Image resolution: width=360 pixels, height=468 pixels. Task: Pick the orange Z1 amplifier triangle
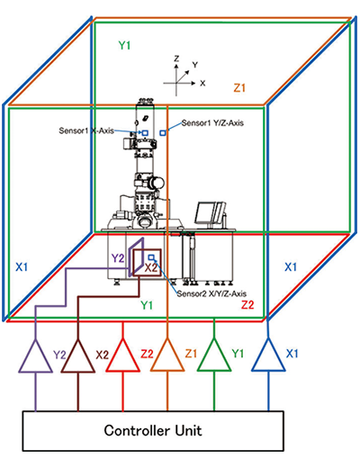tap(167, 361)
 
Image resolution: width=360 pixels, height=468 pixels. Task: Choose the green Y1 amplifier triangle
tap(214, 361)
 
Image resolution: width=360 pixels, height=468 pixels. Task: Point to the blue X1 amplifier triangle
tap(268, 361)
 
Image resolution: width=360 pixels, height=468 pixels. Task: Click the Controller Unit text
tap(153, 430)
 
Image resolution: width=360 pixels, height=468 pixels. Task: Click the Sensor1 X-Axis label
tap(86, 130)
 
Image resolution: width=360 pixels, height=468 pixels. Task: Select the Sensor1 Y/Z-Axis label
tap(212, 122)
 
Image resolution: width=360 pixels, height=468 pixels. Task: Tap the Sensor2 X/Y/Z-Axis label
tap(211, 293)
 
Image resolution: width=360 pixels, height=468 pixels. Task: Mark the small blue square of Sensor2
tap(151, 257)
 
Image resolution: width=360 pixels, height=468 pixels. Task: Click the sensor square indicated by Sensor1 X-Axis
tap(145, 132)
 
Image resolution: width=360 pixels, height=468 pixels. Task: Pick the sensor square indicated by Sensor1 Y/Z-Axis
tap(163, 132)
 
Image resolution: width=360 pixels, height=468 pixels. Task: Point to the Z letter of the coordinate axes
tap(176, 58)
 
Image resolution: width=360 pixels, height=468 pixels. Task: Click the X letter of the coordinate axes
tap(202, 83)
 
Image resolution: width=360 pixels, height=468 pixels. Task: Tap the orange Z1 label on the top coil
tap(239, 88)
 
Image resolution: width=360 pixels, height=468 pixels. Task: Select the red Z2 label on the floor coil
tap(247, 305)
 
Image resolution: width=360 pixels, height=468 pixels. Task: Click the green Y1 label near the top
tap(124, 45)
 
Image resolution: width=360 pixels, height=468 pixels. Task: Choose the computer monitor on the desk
tap(210, 213)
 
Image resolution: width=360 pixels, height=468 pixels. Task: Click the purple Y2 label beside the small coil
tap(118, 258)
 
